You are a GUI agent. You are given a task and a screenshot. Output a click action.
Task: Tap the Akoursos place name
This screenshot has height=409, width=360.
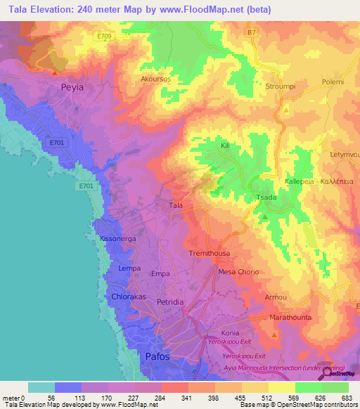[157, 79]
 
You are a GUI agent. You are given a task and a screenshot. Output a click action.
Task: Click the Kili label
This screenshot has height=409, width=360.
[226, 145]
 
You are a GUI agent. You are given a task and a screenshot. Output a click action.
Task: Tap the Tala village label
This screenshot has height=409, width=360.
[176, 205]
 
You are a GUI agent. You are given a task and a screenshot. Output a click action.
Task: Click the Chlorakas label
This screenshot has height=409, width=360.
[129, 297]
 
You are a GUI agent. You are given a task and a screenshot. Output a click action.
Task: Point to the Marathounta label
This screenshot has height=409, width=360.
[290, 317]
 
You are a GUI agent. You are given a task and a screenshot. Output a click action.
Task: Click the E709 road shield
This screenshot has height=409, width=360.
[105, 35]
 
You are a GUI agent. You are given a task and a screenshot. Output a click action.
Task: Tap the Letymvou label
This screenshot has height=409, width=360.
[345, 152]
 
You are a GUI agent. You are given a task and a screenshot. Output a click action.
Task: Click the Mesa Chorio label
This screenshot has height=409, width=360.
[239, 271]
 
